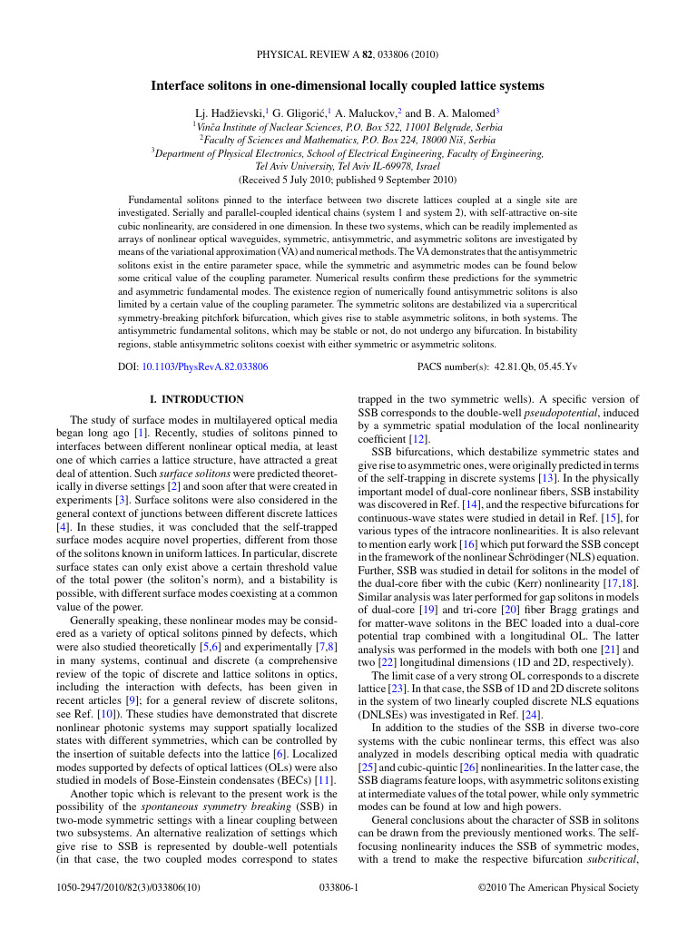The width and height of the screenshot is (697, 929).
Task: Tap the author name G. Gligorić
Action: coord(300,113)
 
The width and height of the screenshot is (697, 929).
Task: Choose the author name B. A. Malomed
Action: coord(458,113)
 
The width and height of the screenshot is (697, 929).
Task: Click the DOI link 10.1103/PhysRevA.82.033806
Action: coord(204,367)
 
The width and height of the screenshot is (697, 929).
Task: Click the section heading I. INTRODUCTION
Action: coord(196,399)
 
